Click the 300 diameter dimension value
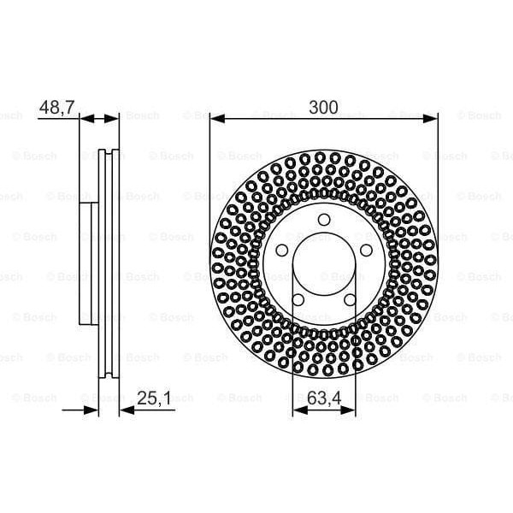(324, 107)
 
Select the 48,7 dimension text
(57, 107)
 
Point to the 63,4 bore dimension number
(324, 397)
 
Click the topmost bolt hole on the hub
(324, 220)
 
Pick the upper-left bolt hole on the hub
(283, 251)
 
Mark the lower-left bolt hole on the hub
(298, 299)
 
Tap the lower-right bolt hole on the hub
(350, 299)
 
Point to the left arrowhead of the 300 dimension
(215, 117)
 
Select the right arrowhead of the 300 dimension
(433, 117)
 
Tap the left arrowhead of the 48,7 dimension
(85, 117)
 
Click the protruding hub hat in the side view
(85, 265)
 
